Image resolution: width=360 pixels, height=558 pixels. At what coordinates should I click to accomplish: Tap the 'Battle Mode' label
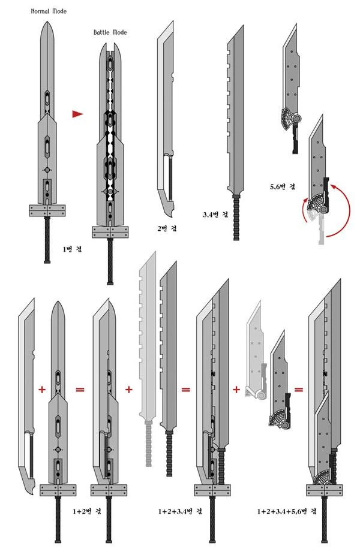[110, 32]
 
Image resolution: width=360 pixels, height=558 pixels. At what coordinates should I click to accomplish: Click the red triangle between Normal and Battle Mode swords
[77, 114]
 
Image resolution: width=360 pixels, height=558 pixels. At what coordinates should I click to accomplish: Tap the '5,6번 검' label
[282, 186]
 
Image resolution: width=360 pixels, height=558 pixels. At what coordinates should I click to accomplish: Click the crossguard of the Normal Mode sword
[47, 210]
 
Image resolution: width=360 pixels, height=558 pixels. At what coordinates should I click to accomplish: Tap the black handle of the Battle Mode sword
[110, 261]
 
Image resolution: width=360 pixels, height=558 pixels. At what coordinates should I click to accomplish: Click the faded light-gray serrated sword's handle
[148, 444]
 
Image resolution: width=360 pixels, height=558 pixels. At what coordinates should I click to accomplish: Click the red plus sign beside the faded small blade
[236, 390]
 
